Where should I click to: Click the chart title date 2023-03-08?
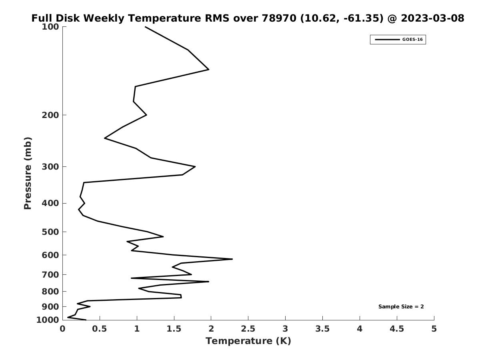coord(432,18)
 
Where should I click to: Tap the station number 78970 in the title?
coord(277,18)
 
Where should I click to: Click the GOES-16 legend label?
coord(412,40)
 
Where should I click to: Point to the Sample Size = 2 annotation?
coord(401,307)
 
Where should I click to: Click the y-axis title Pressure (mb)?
coord(28,173)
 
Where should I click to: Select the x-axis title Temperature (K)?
coord(248,341)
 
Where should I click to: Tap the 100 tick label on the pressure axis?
coord(50,27)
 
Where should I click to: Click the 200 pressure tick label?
coord(50,115)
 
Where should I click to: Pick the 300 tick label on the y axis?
coord(50,167)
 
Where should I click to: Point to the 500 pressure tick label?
coord(50,232)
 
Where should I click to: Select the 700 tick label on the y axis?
coord(50,275)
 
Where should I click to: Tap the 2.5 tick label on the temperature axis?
coord(248,329)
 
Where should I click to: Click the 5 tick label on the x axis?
coord(434,329)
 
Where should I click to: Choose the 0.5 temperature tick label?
coord(100,329)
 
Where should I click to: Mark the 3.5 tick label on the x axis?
coord(322,329)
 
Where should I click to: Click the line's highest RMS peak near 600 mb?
coord(232,259)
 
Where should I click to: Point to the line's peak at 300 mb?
coord(195,166)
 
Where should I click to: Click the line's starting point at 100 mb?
coord(145,27)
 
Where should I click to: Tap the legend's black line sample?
coord(387,40)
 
